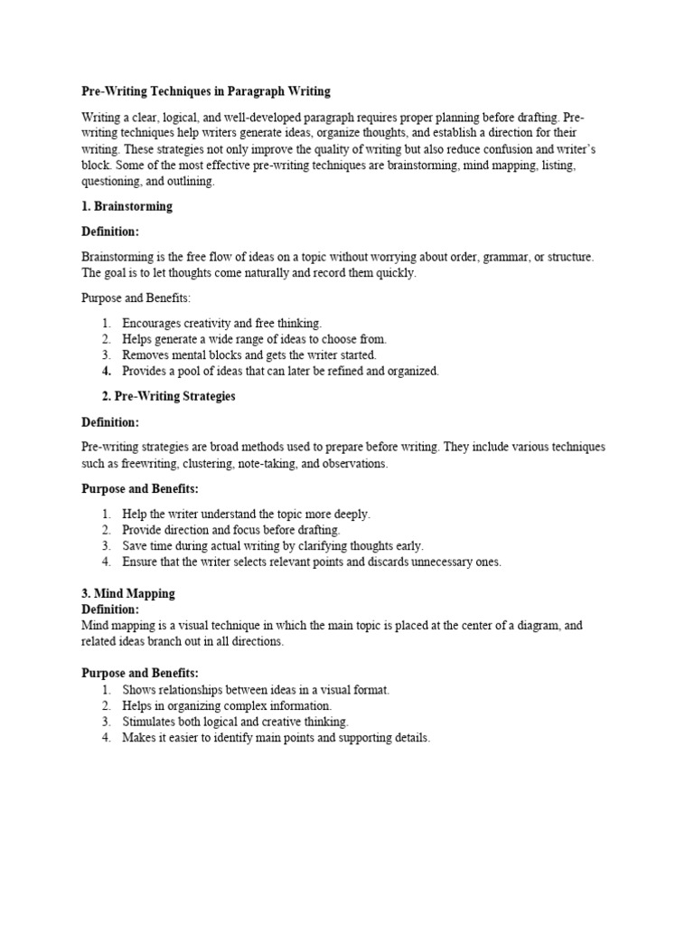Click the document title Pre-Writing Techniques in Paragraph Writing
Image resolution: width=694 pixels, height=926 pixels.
[x=206, y=91]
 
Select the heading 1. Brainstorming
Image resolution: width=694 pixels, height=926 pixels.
[x=127, y=206]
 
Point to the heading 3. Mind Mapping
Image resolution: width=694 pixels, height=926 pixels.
[x=128, y=593]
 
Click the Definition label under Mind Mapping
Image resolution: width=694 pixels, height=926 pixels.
[x=110, y=609]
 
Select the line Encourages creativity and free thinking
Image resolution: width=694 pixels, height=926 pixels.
[x=221, y=323]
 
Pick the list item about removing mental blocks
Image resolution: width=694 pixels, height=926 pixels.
[x=249, y=354]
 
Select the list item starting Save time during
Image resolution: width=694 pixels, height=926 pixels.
[x=272, y=545]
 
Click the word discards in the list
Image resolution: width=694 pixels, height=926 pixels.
[x=385, y=562]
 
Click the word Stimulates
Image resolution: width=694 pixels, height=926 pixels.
[x=148, y=722]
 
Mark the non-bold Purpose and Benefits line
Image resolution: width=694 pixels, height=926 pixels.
[x=136, y=298]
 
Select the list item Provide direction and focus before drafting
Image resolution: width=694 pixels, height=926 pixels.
[x=231, y=530]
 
